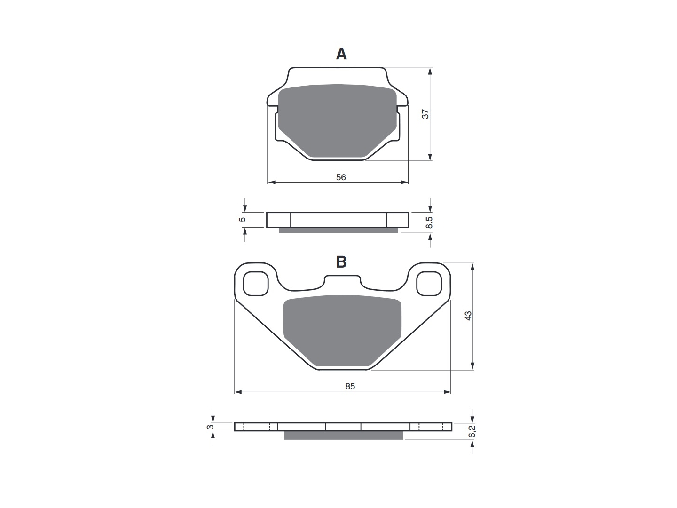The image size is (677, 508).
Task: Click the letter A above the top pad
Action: click(x=341, y=54)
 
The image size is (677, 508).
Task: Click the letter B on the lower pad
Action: click(x=341, y=262)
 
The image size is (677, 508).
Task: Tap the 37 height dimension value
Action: click(x=425, y=114)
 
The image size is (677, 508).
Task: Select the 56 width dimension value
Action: click(x=341, y=177)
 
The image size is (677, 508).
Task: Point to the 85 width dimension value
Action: click(x=350, y=386)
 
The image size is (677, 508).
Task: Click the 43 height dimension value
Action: click(x=468, y=316)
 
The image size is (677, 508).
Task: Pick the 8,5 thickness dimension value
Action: click(x=429, y=222)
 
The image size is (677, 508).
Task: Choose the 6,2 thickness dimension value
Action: click(x=472, y=431)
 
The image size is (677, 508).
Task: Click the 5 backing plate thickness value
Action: click(x=243, y=219)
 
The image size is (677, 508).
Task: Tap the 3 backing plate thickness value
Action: click(x=210, y=427)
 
